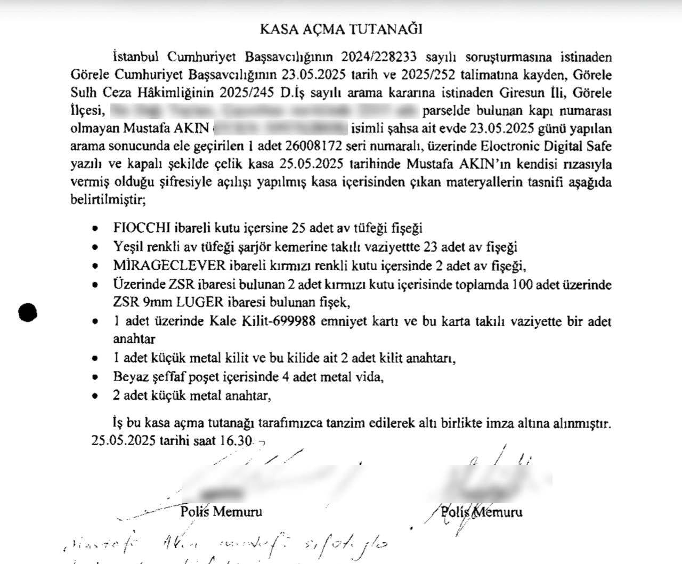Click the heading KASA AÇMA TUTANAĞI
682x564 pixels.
click(341, 29)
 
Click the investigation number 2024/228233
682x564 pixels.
click(379, 57)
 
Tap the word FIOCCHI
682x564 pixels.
click(141, 228)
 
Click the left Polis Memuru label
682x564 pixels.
click(221, 512)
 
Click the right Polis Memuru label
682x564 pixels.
click(482, 512)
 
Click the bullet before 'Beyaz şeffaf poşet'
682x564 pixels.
click(95, 377)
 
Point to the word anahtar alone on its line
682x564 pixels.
click(134, 339)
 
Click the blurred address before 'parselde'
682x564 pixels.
click(265, 111)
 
